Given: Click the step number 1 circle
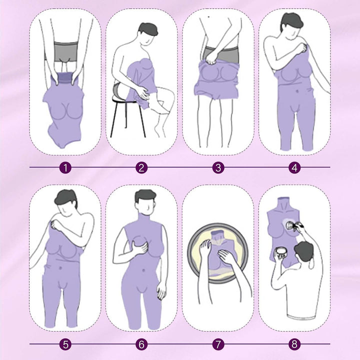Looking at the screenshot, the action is click(65, 168).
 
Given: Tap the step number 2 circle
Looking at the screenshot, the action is click(141, 168).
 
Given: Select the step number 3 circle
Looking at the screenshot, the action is click(218, 168).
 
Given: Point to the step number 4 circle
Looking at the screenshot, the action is click(294, 168).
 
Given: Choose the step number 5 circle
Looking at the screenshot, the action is click(65, 344).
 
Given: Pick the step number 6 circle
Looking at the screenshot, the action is click(141, 344).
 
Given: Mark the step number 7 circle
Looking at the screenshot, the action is click(218, 344).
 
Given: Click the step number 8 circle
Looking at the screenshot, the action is click(294, 344).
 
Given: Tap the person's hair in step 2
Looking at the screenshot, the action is click(148, 29).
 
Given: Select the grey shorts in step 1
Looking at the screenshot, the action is click(66, 52).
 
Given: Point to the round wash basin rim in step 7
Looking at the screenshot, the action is click(191, 252).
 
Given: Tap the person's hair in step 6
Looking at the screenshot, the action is click(145, 195).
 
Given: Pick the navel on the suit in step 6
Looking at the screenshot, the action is click(143, 270).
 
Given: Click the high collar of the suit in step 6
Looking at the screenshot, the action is click(143, 218).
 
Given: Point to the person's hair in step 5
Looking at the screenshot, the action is click(66, 198).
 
